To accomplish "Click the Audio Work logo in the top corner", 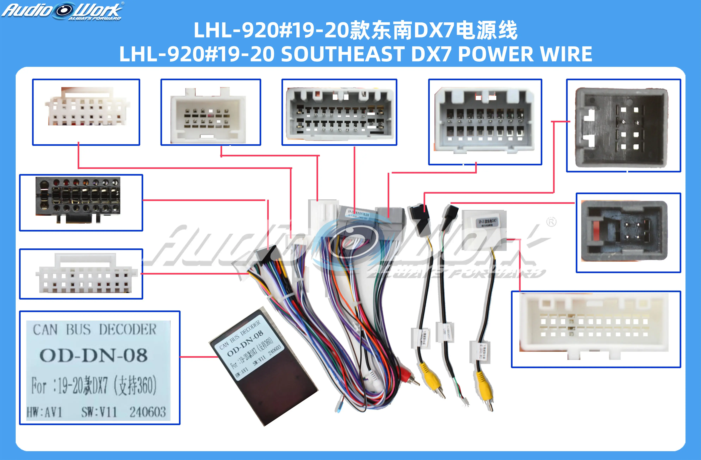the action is (63, 11).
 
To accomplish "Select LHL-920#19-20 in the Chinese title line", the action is (271, 30).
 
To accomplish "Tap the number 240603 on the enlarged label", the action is (148, 412).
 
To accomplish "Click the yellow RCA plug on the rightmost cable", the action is (483, 383).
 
